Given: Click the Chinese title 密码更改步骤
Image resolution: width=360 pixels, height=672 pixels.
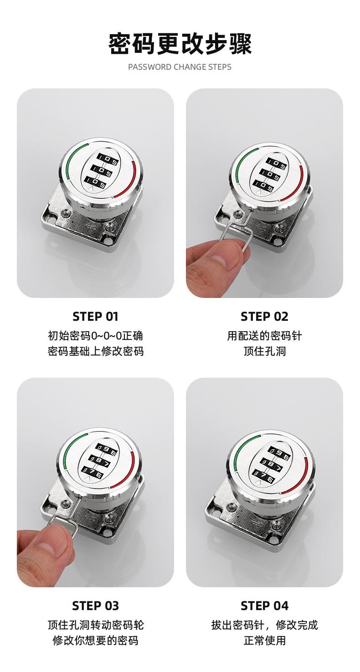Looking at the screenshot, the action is click(180, 44).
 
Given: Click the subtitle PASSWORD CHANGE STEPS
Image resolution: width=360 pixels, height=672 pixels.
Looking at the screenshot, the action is click(180, 67).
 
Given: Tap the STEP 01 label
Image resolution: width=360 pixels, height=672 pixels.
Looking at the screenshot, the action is click(95, 317).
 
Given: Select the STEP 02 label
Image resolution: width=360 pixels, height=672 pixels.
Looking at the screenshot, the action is click(264, 317).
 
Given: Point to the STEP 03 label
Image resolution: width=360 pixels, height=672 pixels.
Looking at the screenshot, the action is click(95, 605).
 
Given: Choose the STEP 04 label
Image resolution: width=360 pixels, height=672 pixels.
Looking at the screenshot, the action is click(264, 605).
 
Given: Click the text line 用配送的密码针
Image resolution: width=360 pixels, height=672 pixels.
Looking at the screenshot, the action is click(264, 336).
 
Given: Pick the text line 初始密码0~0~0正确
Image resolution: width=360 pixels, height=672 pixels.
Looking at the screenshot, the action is click(95, 336).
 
